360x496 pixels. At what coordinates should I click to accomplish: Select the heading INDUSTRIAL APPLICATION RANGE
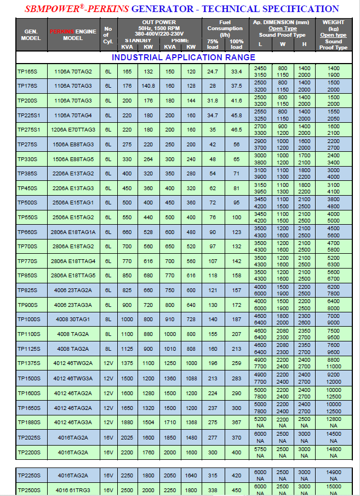coord(183,58)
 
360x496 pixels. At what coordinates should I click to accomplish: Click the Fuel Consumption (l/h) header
coord(225,28)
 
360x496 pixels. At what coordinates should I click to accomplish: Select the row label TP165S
coord(27,71)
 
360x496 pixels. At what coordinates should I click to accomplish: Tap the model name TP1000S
coord(28,319)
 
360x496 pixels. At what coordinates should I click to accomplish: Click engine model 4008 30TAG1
coord(73,319)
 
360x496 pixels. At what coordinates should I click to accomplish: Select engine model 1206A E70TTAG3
coord(73,129)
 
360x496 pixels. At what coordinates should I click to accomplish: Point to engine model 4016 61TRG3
coord(73,490)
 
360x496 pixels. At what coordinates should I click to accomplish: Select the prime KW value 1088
coord(191,378)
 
